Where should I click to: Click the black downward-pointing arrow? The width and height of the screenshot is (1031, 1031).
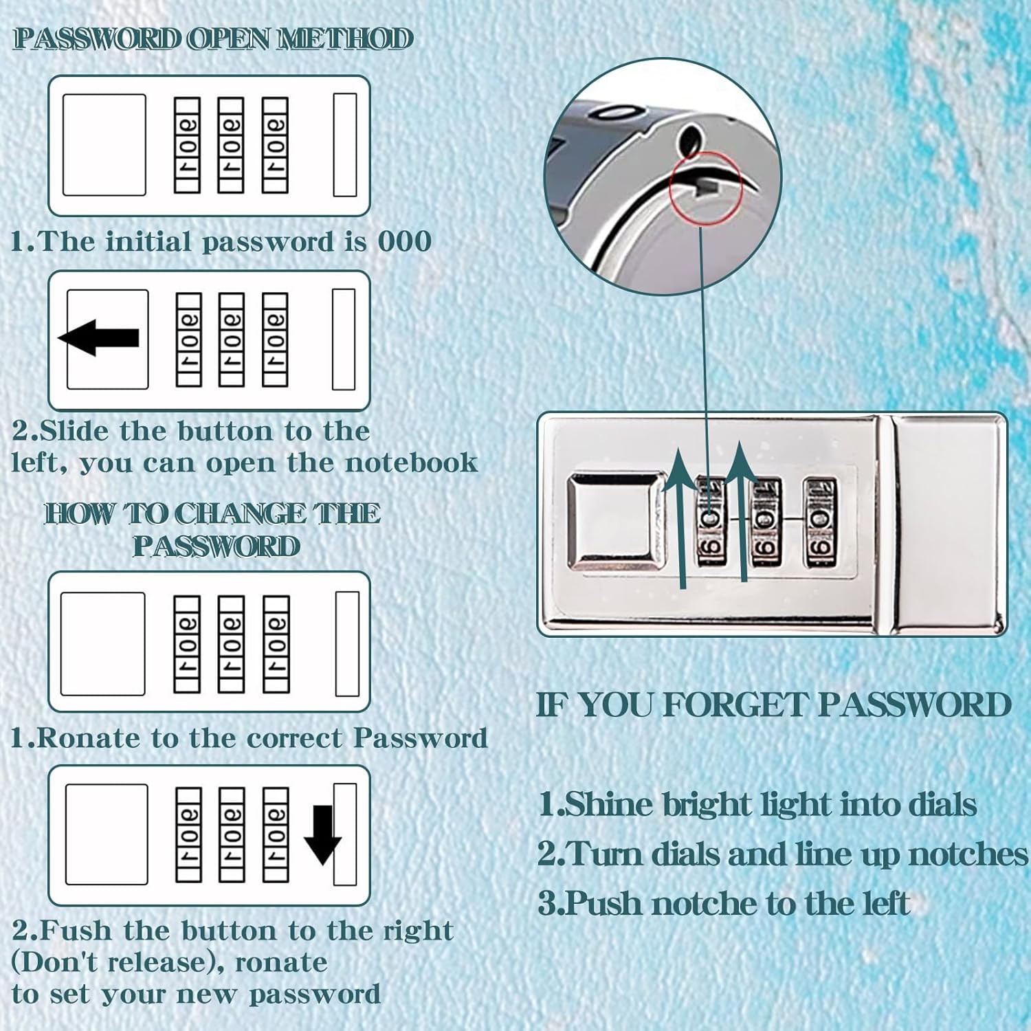coord(322,834)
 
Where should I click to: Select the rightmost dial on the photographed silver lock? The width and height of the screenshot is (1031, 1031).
coord(821,522)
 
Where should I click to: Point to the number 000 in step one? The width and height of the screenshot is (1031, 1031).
coord(405,241)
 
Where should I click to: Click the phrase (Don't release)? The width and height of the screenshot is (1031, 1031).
coord(118,962)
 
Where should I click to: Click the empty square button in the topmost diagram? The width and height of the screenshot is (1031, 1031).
coord(104,145)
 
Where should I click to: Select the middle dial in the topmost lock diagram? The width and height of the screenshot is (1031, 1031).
coord(231,145)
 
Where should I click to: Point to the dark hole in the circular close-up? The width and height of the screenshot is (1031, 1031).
coord(689,140)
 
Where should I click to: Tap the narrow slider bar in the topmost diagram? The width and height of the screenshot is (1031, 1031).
coord(345,145)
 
